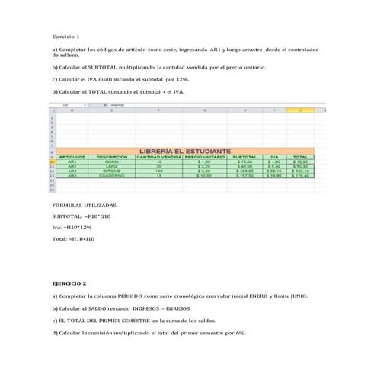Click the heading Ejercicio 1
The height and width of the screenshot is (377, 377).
point(65,37)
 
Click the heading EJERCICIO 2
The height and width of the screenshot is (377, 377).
point(69,283)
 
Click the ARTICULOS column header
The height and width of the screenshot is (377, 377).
point(72,157)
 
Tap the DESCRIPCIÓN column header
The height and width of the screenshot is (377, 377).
point(111,157)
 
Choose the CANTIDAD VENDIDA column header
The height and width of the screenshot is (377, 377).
point(158,157)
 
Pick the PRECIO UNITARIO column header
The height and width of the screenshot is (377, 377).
point(204,157)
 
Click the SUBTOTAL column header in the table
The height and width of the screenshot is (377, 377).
point(244,157)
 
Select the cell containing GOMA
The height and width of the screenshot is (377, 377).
point(111,162)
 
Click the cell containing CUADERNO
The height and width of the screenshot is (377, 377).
point(111,176)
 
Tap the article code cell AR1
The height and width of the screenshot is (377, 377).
point(72,162)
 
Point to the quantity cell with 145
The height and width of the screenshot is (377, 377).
point(158,171)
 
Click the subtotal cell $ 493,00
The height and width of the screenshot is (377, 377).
point(244,171)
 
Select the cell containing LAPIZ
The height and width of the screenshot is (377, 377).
point(111,167)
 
